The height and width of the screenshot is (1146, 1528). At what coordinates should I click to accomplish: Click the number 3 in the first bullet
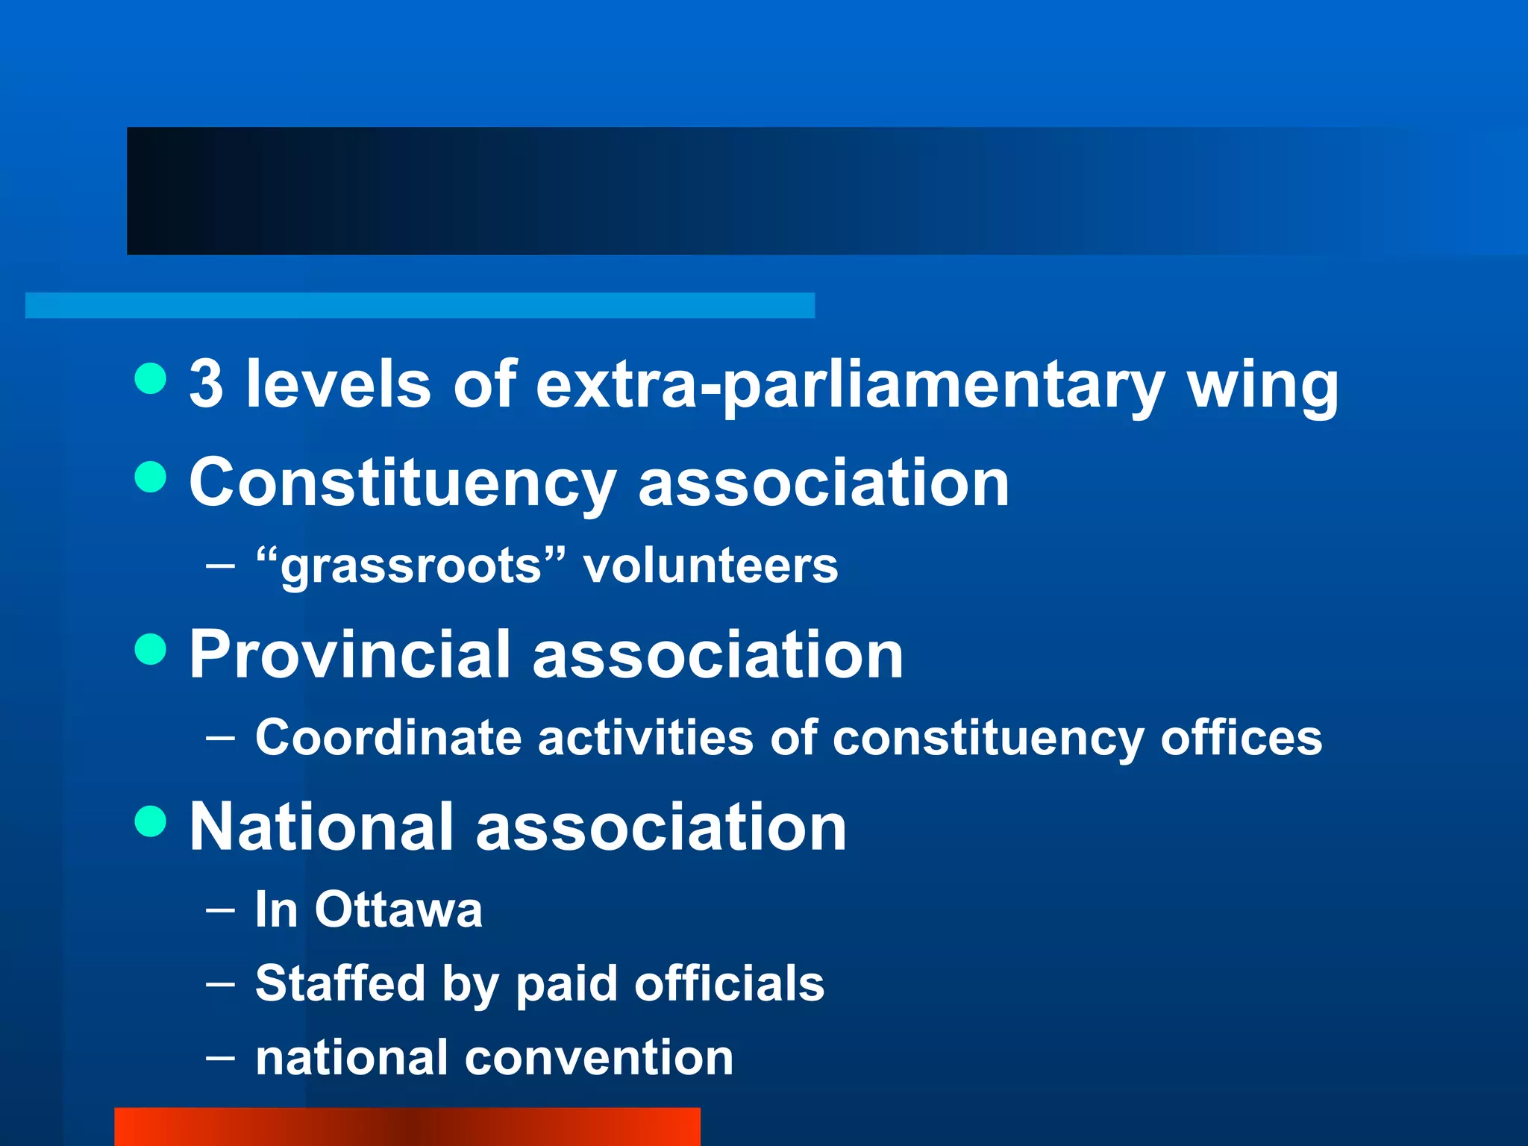pyautogui.click(x=206, y=384)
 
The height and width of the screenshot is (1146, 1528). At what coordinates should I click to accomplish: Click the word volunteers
pyautogui.click(x=710, y=566)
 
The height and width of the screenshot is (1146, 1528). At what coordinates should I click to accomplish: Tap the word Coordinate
pyautogui.click(x=388, y=738)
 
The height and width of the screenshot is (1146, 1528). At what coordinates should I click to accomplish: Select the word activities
pyautogui.click(x=645, y=738)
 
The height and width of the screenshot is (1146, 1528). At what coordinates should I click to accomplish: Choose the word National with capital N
pyautogui.click(x=322, y=827)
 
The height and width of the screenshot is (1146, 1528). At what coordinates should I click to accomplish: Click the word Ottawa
pyautogui.click(x=398, y=909)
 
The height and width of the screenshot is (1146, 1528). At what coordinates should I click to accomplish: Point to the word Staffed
pyautogui.click(x=339, y=983)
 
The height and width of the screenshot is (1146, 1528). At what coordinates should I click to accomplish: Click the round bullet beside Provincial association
pyautogui.click(x=151, y=648)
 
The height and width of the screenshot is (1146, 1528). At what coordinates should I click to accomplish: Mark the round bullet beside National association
pyautogui.click(x=151, y=821)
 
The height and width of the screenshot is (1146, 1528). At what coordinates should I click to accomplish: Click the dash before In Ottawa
pyautogui.click(x=220, y=910)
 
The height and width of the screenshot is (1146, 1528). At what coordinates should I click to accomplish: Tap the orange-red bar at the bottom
pyautogui.click(x=407, y=1127)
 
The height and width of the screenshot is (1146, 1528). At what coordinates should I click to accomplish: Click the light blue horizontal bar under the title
pyautogui.click(x=419, y=305)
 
